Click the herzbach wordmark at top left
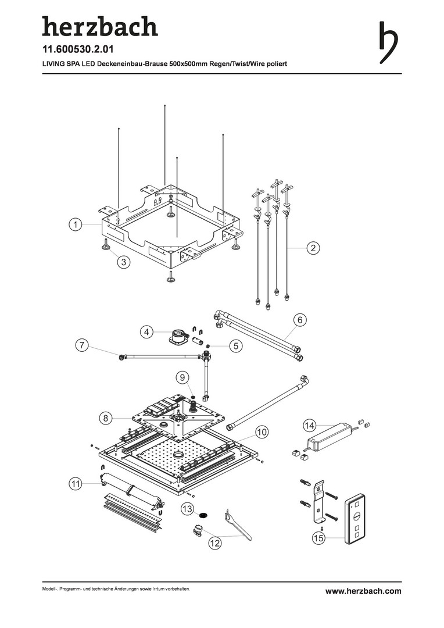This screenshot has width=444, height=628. click(x=99, y=27)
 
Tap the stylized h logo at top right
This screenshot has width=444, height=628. click(x=388, y=42)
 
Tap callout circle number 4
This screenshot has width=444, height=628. click(x=148, y=332)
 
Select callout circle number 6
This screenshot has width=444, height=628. click(x=300, y=320)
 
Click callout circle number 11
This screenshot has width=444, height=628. click(x=75, y=483)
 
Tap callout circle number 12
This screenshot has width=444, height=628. click(x=216, y=543)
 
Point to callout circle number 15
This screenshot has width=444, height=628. click(x=318, y=539)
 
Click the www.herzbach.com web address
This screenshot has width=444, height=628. click(x=363, y=591)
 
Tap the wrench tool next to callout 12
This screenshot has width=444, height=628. click(x=238, y=525)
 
